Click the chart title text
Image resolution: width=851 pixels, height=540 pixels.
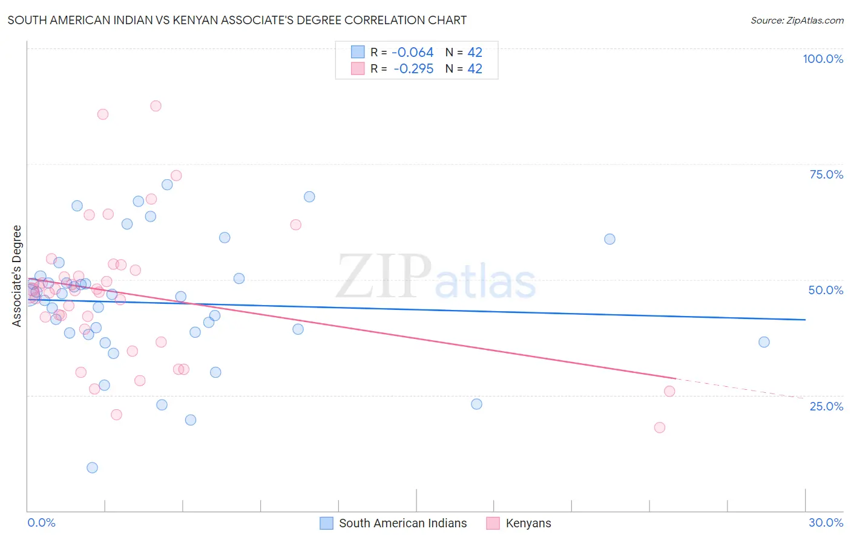point(237,20)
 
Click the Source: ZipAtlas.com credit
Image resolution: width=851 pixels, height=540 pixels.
point(797,20)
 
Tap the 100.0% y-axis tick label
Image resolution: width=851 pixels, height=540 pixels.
point(823,59)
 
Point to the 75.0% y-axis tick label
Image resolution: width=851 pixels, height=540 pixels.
point(826,174)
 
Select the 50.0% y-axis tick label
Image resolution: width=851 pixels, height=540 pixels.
point(826,290)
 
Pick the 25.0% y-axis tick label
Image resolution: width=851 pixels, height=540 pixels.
point(826,406)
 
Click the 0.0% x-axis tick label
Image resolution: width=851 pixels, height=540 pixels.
point(41,522)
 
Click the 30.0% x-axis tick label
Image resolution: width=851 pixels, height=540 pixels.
point(826,522)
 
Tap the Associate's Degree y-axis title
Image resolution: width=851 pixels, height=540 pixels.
point(17,276)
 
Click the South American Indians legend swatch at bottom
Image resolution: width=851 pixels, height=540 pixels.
point(326,523)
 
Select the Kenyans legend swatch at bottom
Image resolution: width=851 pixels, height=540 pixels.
point(493,523)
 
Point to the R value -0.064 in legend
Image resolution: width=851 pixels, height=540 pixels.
point(413,53)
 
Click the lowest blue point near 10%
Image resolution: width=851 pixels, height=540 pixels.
point(92,467)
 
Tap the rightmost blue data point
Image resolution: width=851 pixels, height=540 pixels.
point(764,342)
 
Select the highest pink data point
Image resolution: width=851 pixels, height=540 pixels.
point(156,106)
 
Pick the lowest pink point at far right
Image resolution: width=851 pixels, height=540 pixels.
point(659,427)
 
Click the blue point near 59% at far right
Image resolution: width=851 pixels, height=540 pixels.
point(609,239)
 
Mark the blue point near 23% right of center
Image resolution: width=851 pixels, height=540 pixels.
point(476,404)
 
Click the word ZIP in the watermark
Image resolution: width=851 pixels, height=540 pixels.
point(383,277)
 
